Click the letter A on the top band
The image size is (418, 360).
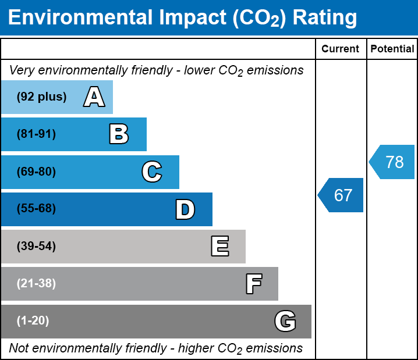pos(94,97)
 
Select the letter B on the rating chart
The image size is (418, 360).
pos(119,134)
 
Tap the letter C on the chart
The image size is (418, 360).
pos(152,172)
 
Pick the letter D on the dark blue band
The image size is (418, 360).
pos(185,209)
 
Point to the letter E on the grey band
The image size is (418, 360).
pos(219,247)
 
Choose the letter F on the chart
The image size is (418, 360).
pos(253,284)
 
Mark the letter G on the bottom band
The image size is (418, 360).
pos(285,321)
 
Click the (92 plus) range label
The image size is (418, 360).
pos(42,97)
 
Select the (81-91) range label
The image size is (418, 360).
pos(36,134)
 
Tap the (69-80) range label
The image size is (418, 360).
pos(36,172)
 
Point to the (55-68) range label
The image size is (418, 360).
pos(36,209)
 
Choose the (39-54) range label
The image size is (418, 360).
pos(36,246)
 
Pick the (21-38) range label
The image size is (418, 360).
pos(36,284)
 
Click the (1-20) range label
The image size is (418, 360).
pos(33,321)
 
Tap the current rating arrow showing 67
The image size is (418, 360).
pos(342,195)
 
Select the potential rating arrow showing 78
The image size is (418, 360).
pos(393,162)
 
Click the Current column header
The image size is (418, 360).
pos(341,49)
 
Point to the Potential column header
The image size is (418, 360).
pos(392,49)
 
